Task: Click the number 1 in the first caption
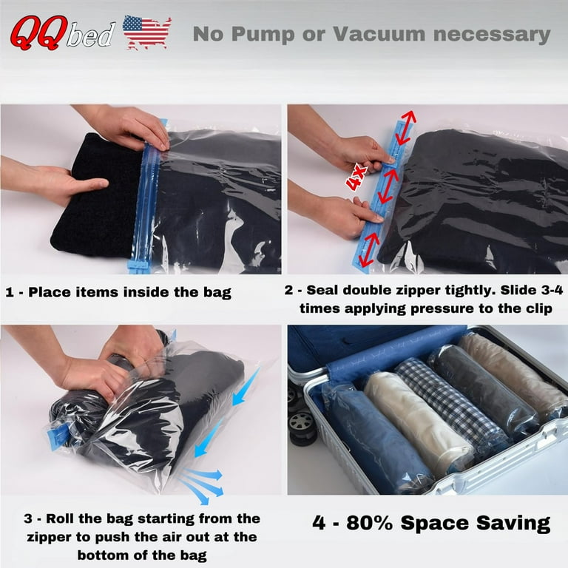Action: pyautogui.click(x=10, y=292)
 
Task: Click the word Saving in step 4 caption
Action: pyautogui.click(x=510, y=524)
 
